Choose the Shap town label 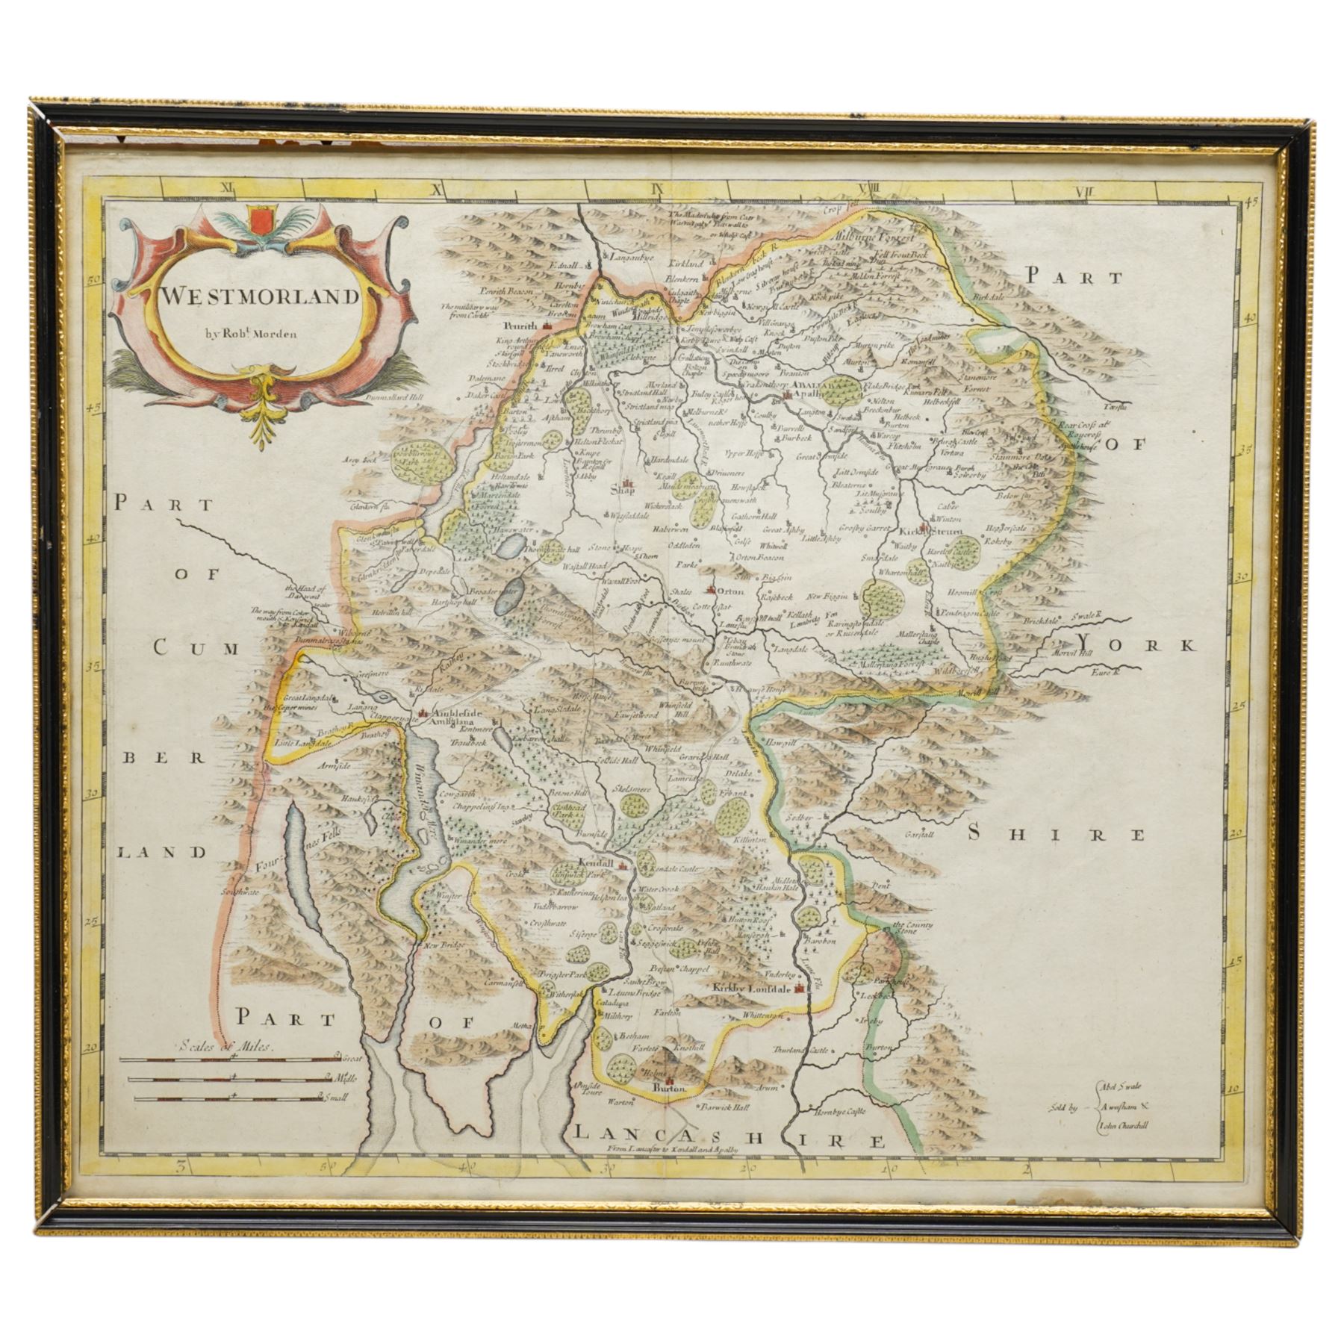point(621,491)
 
